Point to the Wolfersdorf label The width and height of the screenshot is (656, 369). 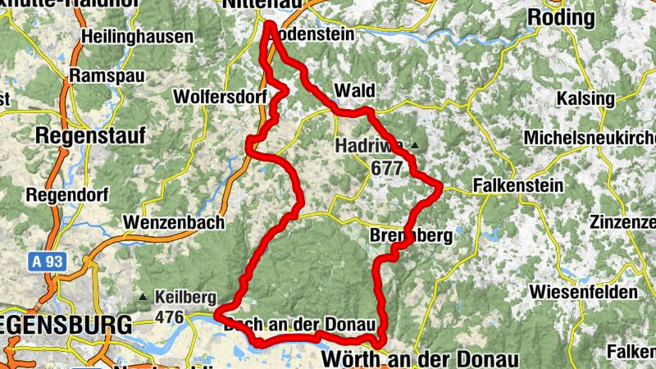point(220,97)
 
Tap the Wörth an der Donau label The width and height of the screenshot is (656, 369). point(421,359)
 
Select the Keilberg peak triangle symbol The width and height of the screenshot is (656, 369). point(143,297)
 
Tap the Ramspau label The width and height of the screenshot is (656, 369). point(107,75)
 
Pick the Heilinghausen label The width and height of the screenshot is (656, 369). point(138,37)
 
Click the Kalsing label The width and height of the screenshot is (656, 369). point(585,98)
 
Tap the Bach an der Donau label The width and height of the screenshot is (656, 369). point(304,324)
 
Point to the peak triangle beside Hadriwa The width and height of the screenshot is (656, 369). point(415,146)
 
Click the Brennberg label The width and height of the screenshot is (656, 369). point(411,236)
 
